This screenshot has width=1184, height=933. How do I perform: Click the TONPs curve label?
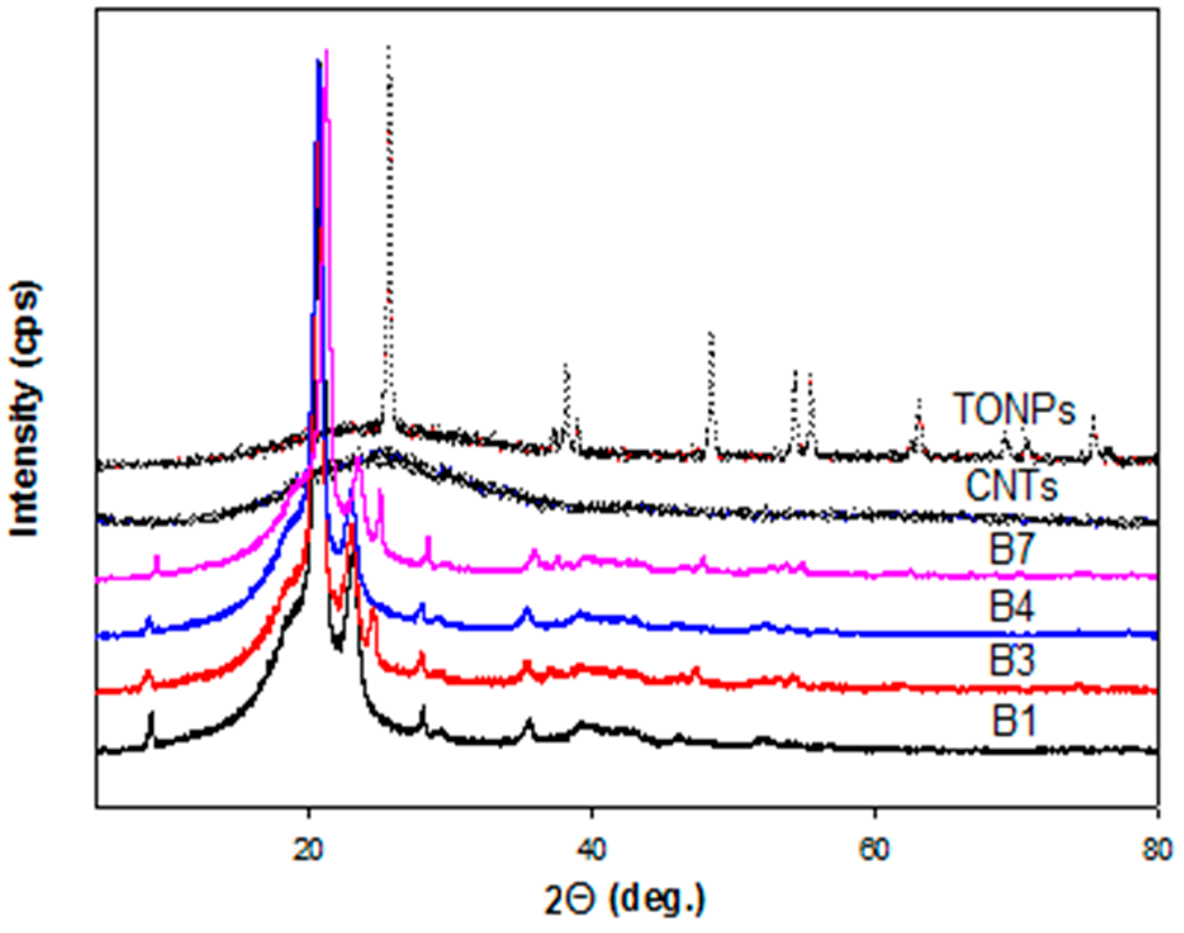pyautogui.click(x=1014, y=409)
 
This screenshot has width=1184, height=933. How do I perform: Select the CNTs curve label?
pyautogui.click(x=1012, y=487)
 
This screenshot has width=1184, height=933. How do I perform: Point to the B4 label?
pyautogui.click(x=1012, y=608)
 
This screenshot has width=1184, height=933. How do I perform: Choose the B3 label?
pyautogui.click(x=1012, y=661)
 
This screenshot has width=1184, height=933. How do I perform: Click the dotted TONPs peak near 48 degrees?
pyautogui.click(x=711, y=333)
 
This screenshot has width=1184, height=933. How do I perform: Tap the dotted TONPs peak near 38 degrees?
pyautogui.click(x=565, y=365)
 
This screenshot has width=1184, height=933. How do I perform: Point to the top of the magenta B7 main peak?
pyautogui.click(x=326, y=51)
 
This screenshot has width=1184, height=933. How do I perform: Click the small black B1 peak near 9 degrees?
pyautogui.click(x=151, y=713)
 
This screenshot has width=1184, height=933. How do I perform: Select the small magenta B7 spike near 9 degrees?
pyautogui.click(x=157, y=557)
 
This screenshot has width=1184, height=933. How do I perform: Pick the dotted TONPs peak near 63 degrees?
pyautogui.click(x=919, y=400)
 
